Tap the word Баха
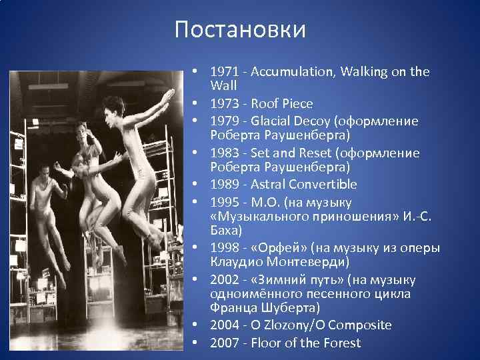[x=224, y=231]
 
